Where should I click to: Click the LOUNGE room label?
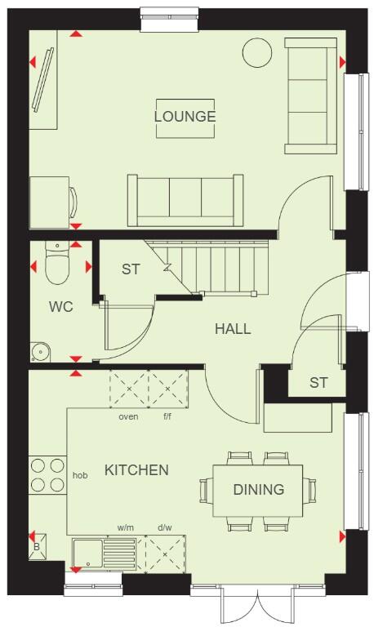click(x=185, y=116)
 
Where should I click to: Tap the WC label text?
click(x=61, y=307)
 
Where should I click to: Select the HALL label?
click(x=233, y=329)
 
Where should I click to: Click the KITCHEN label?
click(x=136, y=469)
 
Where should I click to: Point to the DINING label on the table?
click(x=258, y=489)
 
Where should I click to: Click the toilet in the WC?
click(x=56, y=264)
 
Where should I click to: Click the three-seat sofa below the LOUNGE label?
click(x=185, y=198)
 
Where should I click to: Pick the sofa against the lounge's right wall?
click(x=310, y=96)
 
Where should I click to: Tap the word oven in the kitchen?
click(x=128, y=416)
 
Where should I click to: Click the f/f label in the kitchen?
click(x=167, y=416)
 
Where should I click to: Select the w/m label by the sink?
click(x=125, y=527)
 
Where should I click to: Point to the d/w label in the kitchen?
click(x=165, y=527)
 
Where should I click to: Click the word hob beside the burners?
click(x=80, y=474)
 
